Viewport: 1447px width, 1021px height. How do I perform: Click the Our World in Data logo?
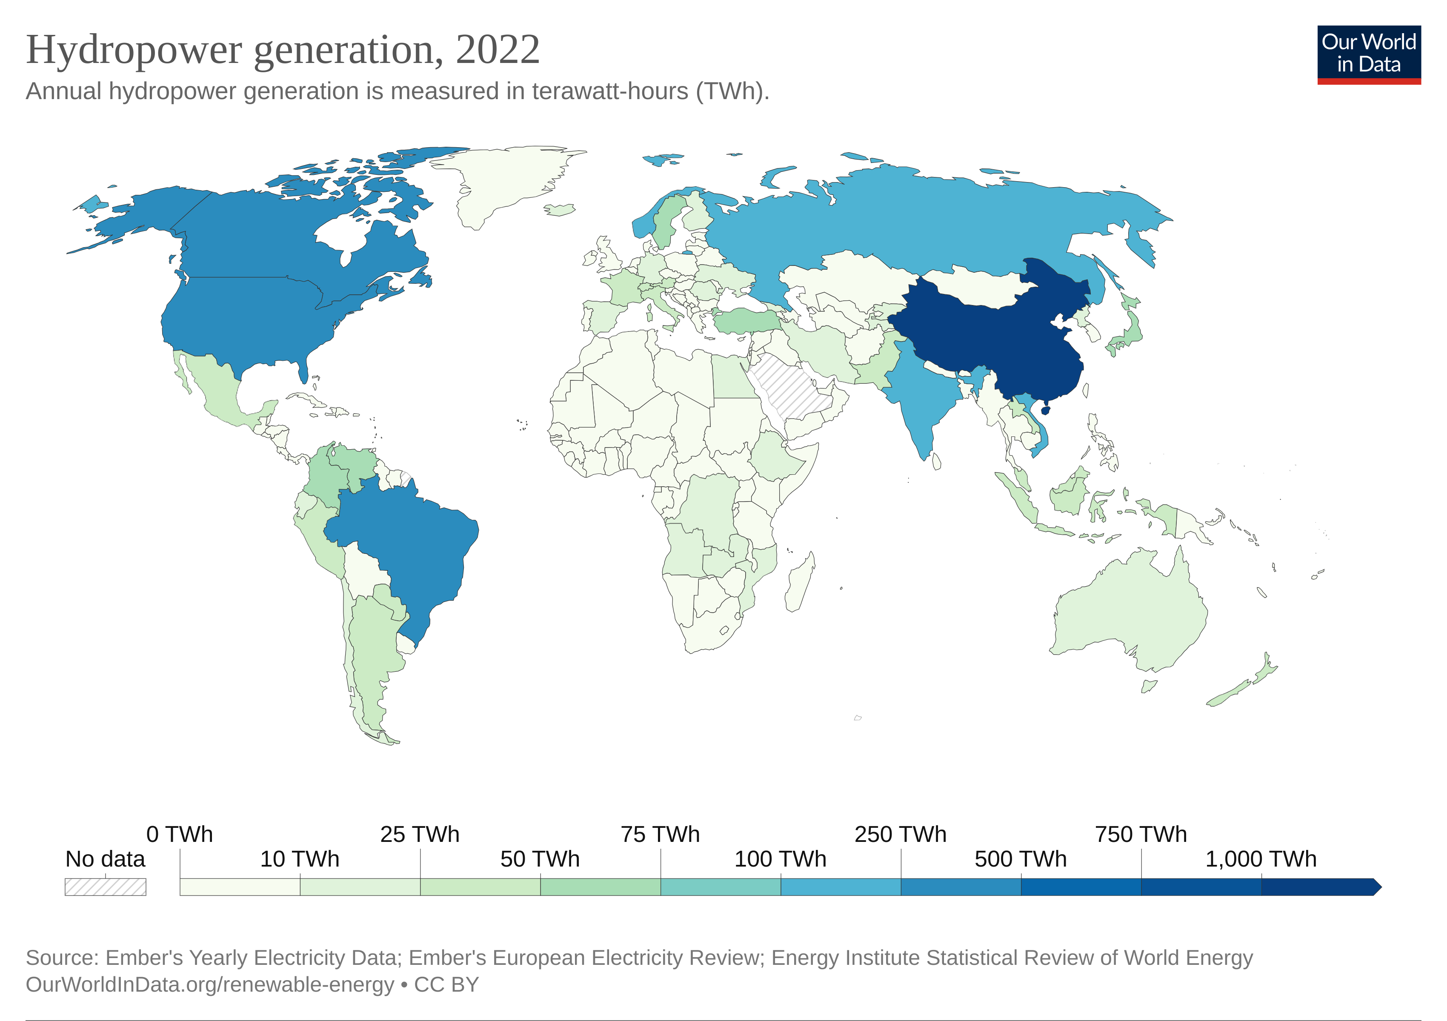(x=1368, y=54)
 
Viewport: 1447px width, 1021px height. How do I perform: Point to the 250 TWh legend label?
(x=900, y=834)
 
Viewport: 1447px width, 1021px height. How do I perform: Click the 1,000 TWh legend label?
(x=1261, y=858)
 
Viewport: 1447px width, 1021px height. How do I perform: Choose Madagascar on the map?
(x=799, y=583)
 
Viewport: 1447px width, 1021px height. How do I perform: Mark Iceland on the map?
(x=560, y=209)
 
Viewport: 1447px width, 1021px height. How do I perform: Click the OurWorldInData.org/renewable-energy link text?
(x=209, y=984)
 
